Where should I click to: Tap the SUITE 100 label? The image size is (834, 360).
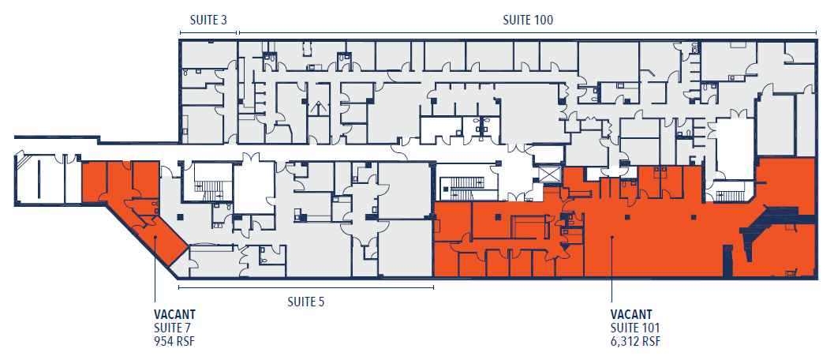click(x=528, y=20)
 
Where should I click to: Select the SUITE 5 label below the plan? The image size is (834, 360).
click(x=305, y=301)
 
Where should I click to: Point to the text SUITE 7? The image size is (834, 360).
click(x=173, y=328)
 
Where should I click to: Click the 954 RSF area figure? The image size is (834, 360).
click(x=174, y=341)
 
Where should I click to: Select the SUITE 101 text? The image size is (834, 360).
click(x=635, y=328)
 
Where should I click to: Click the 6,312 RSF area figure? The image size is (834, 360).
click(x=636, y=341)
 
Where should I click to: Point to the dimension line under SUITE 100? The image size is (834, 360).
click(x=527, y=33)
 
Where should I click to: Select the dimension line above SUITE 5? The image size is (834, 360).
click(x=305, y=287)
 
